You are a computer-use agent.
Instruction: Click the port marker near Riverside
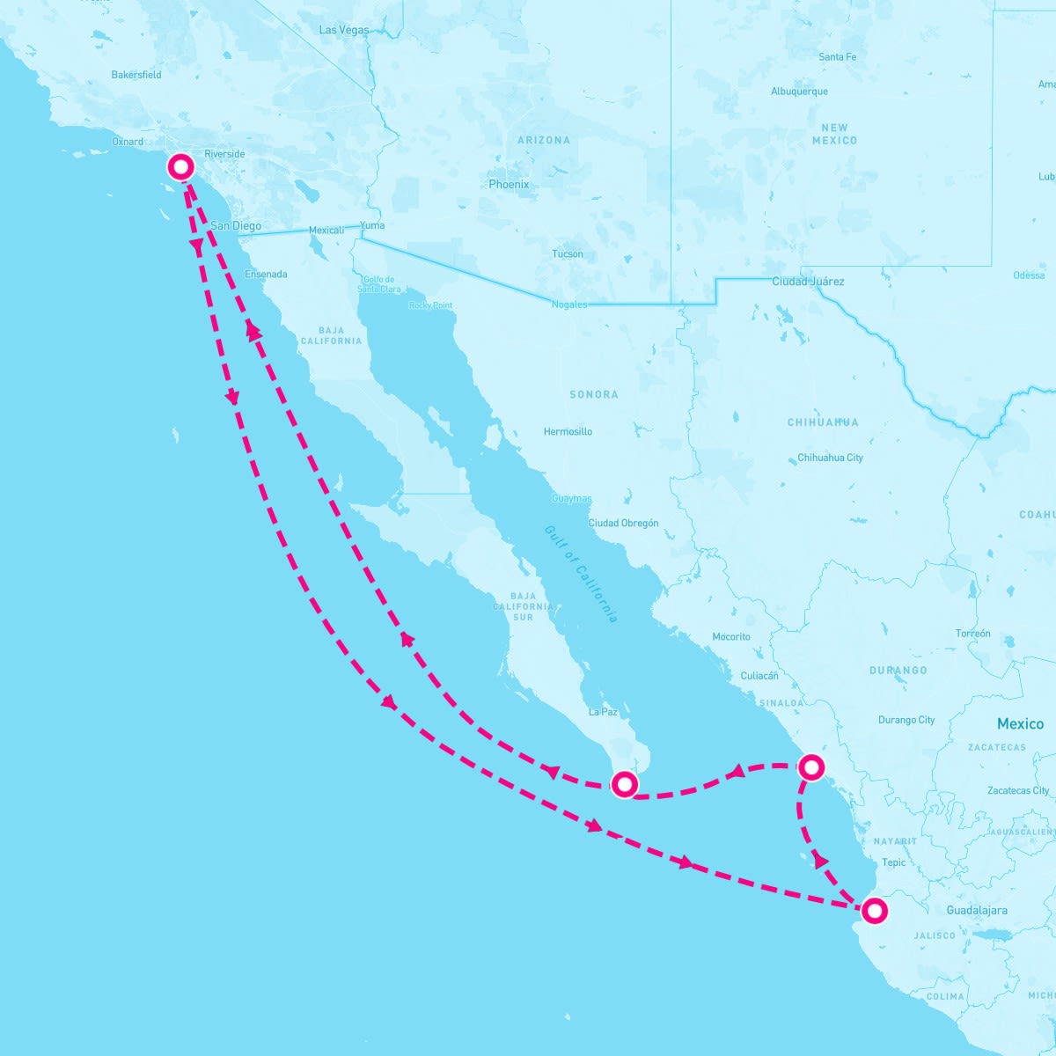(x=181, y=166)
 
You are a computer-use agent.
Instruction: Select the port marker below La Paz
(x=624, y=783)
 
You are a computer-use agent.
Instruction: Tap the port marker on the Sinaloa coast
(x=810, y=767)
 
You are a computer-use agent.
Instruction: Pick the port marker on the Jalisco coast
(x=873, y=910)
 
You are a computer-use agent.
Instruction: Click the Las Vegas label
(x=344, y=30)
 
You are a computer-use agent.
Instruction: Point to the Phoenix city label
(x=509, y=185)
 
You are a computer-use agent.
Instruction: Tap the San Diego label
(x=236, y=226)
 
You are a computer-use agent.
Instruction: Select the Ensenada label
(x=266, y=275)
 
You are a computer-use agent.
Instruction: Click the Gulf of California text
(x=581, y=574)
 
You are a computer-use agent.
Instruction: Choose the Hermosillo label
(x=568, y=432)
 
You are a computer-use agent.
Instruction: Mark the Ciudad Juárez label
(x=808, y=282)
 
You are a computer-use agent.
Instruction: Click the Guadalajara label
(x=977, y=911)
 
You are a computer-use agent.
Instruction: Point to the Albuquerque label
(x=799, y=92)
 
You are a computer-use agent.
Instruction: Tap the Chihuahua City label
(x=830, y=458)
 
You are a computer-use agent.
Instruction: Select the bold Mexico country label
(x=1020, y=724)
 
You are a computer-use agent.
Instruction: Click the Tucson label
(x=568, y=254)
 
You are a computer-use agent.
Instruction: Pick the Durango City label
(x=906, y=720)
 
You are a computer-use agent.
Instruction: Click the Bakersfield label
(x=136, y=75)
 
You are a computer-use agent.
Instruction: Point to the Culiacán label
(x=759, y=676)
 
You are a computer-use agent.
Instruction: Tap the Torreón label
(x=972, y=634)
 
